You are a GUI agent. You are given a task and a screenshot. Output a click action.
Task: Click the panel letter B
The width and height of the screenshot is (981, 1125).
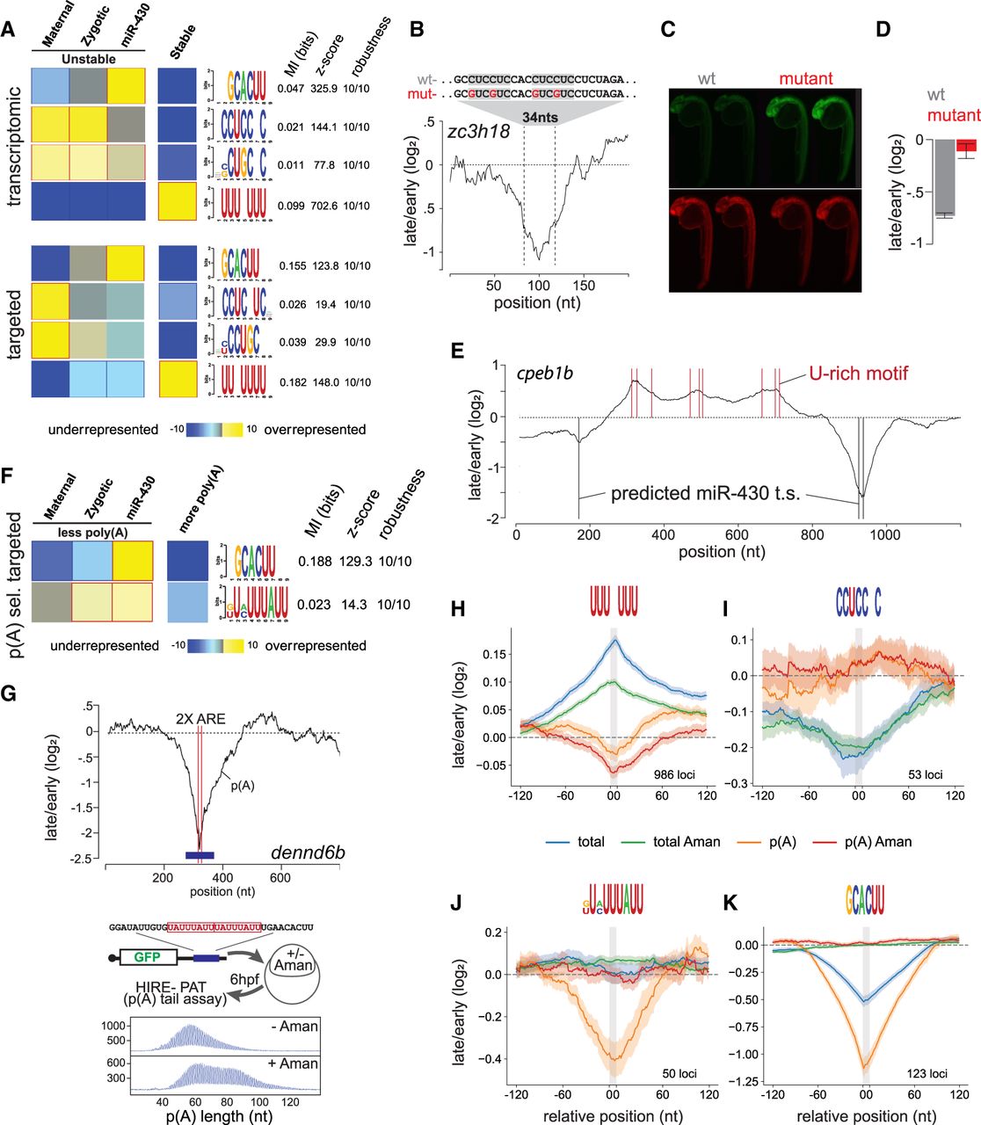[418, 29]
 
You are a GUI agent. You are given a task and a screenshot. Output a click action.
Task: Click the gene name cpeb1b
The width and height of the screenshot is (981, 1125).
[546, 374]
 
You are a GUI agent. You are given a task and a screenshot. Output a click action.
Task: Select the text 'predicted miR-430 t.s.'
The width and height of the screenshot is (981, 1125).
[705, 493]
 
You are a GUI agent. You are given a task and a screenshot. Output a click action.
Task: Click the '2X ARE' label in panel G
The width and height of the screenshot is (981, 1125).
[199, 719]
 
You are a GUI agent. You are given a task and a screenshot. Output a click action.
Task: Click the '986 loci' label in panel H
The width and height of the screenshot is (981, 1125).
[675, 775]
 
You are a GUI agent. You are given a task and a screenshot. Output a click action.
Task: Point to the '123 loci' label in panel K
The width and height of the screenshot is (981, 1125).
[926, 1073]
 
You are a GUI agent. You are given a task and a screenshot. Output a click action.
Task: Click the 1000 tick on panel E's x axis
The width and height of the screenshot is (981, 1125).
[885, 534]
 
